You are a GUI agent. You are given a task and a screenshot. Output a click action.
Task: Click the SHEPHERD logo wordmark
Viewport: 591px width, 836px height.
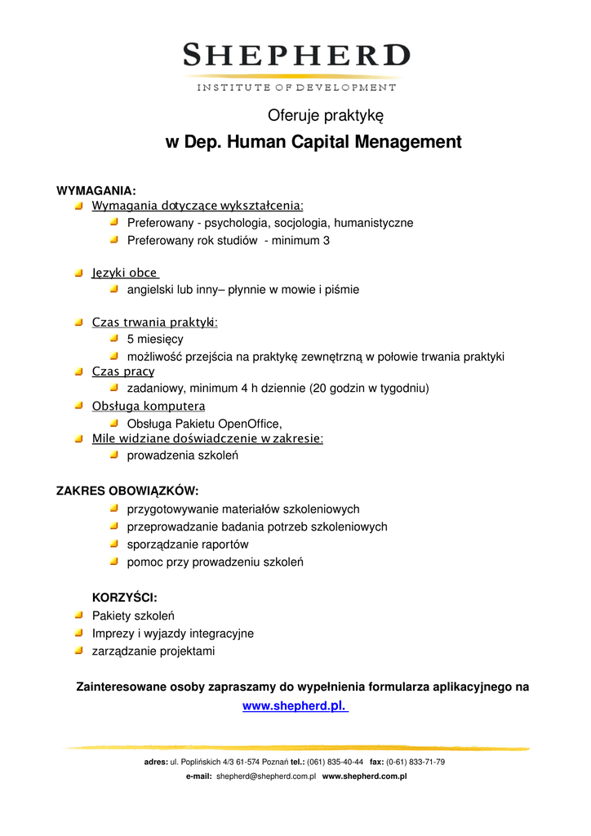pyautogui.click(x=295, y=56)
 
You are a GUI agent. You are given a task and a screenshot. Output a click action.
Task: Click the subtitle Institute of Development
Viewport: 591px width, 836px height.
pyautogui.click(x=295, y=87)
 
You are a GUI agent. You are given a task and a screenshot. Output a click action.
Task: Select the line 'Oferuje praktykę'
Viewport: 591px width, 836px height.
pyautogui.click(x=326, y=115)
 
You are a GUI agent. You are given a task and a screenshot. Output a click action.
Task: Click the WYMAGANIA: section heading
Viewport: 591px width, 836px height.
pyautogui.click(x=96, y=190)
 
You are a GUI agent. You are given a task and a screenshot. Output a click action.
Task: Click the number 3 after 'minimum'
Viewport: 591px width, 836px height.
pyautogui.click(x=327, y=241)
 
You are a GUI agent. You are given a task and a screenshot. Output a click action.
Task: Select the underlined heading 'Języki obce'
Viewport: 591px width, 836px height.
pyautogui.click(x=124, y=273)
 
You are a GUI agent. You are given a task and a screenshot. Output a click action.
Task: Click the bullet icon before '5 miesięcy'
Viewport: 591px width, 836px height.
pyautogui.click(x=114, y=338)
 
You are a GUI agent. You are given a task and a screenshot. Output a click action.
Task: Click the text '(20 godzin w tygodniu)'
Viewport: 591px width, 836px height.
pyautogui.click(x=369, y=389)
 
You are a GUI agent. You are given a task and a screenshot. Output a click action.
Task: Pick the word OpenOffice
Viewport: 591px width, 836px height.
pyautogui.click(x=247, y=423)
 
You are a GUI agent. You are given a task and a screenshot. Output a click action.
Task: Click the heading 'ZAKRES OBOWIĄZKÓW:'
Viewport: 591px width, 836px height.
pyautogui.click(x=127, y=491)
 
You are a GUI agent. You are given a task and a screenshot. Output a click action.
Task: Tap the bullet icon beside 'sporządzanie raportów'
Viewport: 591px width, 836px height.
pyautogui.click(x=114, y=544)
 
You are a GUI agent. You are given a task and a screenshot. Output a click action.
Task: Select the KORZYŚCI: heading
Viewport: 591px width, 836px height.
pyautogui.click(x=124, y=598)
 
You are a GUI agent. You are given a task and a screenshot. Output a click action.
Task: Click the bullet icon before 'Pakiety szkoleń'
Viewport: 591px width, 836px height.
pyautogui.click(x=78, y=615)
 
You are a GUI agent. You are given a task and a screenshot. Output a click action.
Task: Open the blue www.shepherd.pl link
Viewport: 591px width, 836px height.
pyautogui.click(x=295, y=707)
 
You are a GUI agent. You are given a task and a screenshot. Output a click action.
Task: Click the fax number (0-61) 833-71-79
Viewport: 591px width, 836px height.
pyautogui.click(x=415, y=763)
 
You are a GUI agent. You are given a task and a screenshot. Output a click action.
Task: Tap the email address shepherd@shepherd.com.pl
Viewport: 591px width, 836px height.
pyautogui.click(x=266, y=777)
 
